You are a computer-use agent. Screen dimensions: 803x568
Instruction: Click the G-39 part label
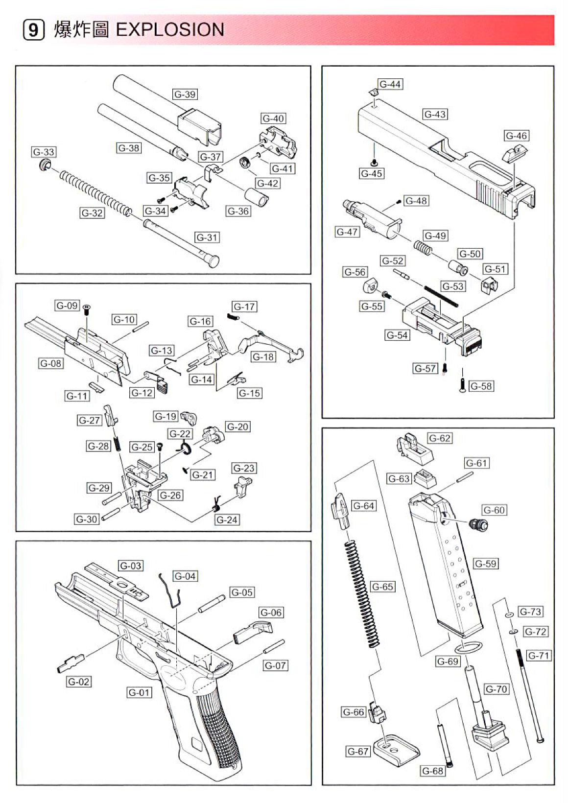pyautogui.click(x=185, y=94)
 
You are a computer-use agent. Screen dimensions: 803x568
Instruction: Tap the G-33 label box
pyautogui.click(x=44, y=152)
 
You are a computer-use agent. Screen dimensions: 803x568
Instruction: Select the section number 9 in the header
pyautogui.click(x=33, y=30)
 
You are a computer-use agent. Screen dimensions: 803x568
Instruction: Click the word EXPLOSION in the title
pyautogui.click(x=170, y=30)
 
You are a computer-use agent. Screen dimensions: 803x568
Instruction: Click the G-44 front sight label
pyautogui.click(x=390, y=84)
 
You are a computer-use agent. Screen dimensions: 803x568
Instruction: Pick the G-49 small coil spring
pyautogui.click(x=423, y=247)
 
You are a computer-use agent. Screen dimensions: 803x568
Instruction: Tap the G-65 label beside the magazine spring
pyautogui.click(x=382, y=587)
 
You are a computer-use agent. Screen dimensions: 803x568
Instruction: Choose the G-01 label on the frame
pyautogui.click(x=140, y=692)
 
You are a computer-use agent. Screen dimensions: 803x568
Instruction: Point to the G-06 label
pyautogui.click(x=271, y=613)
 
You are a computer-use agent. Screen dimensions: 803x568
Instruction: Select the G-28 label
pyautogui.click(x=98, y=446)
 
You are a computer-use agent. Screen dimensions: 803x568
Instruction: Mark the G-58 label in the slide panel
pyautogui.click(x=481, y=386)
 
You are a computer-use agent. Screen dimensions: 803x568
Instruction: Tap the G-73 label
pyautogui.click(x=530, y=612)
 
